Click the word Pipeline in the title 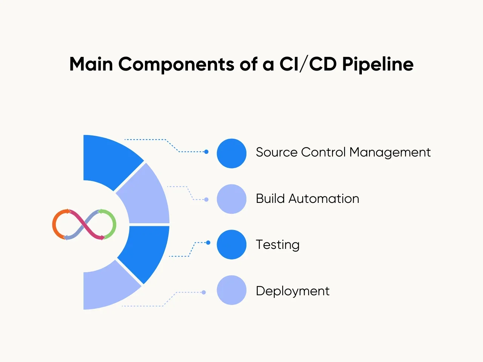pyautogui.click(x=378, y=64)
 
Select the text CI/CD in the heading pyautogui.click(x=308, y=64)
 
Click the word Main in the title pyautogui.click(x=91, y=64)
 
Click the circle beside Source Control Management pyautogui.click(x=232, y=153)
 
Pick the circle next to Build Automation pyautogui.click(x=232, y=199)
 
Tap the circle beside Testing pyautogui.click(x=232, y=244)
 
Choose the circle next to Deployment pyautogui.click(x=232, y=290)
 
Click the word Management pyautogui.click(x=390, y=152)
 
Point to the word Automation pyautogui.click(x=324, y=199)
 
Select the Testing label pyautogui.click(x=278, y=245)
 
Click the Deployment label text pyautogui.click(x=292, y=291)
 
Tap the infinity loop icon pyautogui.click(x=84, y=224)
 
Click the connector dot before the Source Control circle pyautogui.click(x=206, y=152)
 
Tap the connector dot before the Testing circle pyautogui.click(x=208, y=243)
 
